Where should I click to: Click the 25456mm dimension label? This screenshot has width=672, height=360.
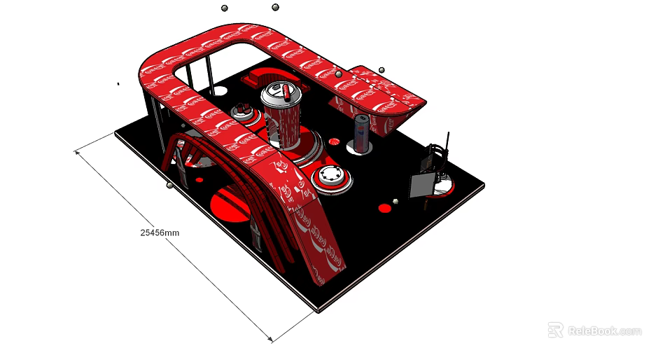pos(160,232)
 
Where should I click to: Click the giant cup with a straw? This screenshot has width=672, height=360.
pos(283,118)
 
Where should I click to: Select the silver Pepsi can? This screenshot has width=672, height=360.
pos(361,133)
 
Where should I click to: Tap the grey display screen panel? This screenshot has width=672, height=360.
pos(422,185)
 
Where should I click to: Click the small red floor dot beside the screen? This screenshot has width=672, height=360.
pos(384,208)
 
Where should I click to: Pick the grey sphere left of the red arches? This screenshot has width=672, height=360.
pos(169,186)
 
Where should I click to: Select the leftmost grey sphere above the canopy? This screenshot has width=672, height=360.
pos(225,8)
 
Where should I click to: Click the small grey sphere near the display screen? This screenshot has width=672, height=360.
pos(395,202)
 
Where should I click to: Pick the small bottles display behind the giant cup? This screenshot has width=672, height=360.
pos(242,110)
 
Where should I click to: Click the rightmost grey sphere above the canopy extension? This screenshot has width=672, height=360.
pos(381,70)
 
